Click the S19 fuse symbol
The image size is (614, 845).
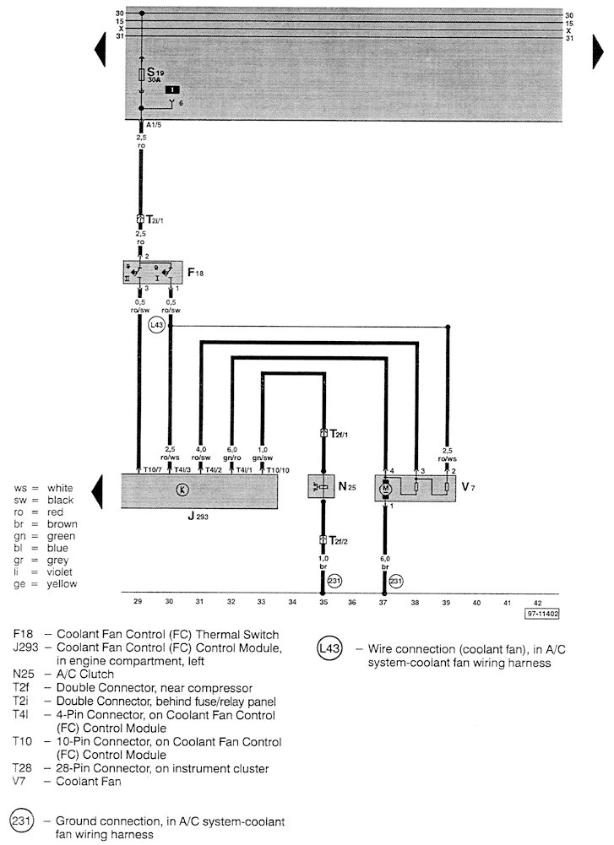click(x=141, y=76)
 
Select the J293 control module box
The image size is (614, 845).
click(x=199, y=490)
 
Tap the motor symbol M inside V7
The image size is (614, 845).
click(x=386, y=488)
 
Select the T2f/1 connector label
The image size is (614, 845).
click(x=338, y=435)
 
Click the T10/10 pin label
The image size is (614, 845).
click(x=277, y=469)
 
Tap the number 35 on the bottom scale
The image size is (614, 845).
click(x=323, y=603)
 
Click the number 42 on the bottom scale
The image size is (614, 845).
click(x=539, y=603)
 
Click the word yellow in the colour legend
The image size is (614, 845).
click(x=62, y=583)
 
